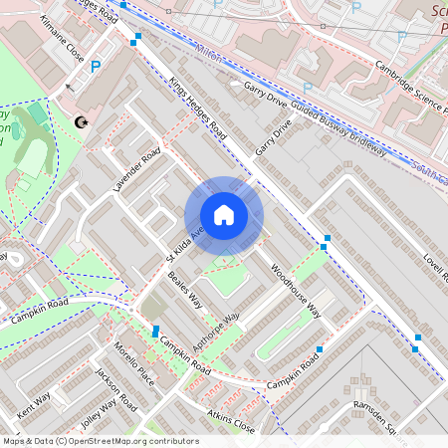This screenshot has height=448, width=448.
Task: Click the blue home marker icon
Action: coord(224,215)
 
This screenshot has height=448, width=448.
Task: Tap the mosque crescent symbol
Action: coord(81,122)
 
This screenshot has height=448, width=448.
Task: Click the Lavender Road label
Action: coord(136,170)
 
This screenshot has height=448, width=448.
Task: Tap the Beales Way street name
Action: coord(185,290)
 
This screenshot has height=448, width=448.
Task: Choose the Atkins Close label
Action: coord(231,419)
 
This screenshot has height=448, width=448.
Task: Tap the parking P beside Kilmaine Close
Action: coord(96,67)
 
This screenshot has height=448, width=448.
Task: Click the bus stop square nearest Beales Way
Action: coord(155,331)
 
